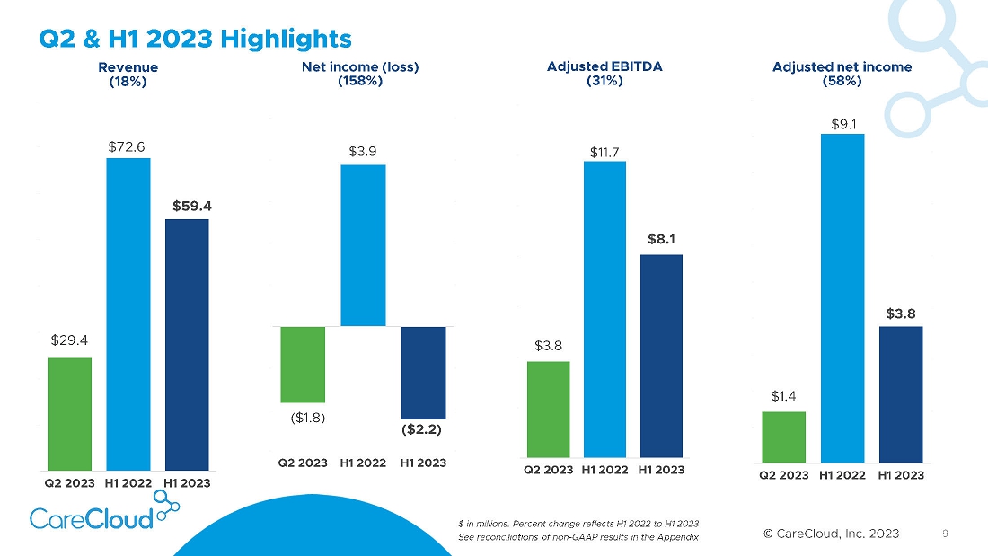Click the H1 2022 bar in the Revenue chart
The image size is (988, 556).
(x=128, y=313)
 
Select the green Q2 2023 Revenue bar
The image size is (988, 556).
(x=70, y=413)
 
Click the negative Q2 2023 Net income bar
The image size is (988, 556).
(x=303, y=364)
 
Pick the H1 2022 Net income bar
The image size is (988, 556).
(x=363, y=245)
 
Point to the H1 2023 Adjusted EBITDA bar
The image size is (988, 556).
(x=660, y=356)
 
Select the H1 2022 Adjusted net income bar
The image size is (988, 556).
(x=842, y=297)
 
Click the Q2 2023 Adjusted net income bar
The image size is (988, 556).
(x=783, y=437)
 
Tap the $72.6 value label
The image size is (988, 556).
(x=128, y=145)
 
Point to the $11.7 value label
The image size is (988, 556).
(x=604, y=153)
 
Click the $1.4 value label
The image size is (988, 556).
(x=783, y=395)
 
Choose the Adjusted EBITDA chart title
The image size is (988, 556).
(x=604, y=66)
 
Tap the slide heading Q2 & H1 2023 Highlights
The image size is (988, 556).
(x=195, y=39)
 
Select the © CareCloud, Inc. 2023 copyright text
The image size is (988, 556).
(x=831, y=534)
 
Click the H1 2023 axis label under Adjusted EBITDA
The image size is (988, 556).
(x=661, y=470)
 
